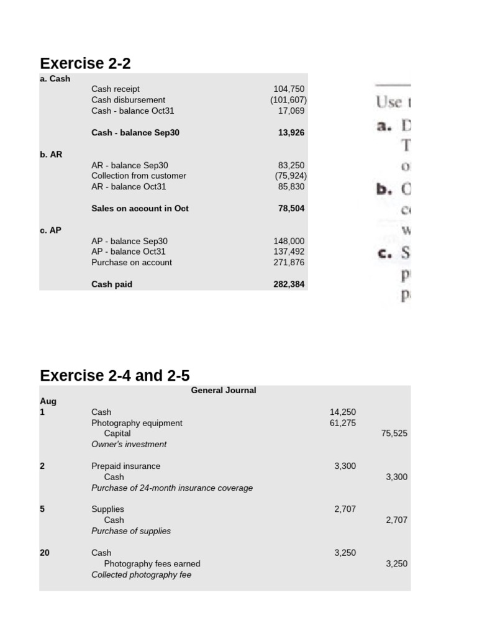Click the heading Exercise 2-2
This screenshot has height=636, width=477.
click(85, 63)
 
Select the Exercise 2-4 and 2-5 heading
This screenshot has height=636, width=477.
click(115, 376)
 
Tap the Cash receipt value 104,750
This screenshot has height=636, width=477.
click(289, 89)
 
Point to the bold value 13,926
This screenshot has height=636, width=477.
click(291, 133)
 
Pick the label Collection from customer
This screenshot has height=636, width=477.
click(139, 176)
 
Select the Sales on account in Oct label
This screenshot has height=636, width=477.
click(140, 209)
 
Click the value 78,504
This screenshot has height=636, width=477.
click(291, 209)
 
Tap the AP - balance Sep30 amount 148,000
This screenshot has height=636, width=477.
click(289, 241)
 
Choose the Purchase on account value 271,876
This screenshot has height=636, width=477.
click(289, 263)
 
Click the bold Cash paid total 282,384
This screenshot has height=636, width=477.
click(289, 284)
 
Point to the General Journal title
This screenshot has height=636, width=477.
click(224, 391)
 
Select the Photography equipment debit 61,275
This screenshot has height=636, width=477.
click(342, 423)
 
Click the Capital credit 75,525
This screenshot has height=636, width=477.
click(394, 434)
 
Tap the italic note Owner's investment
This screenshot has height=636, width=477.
click(129, 445)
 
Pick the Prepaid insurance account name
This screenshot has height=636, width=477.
click(125, 466)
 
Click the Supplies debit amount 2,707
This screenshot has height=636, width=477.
click(345, 509)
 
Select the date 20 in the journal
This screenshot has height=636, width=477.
click(45, 553)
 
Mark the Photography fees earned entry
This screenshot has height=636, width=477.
click(152, 564)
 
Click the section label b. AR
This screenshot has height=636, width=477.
click(51, 154)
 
